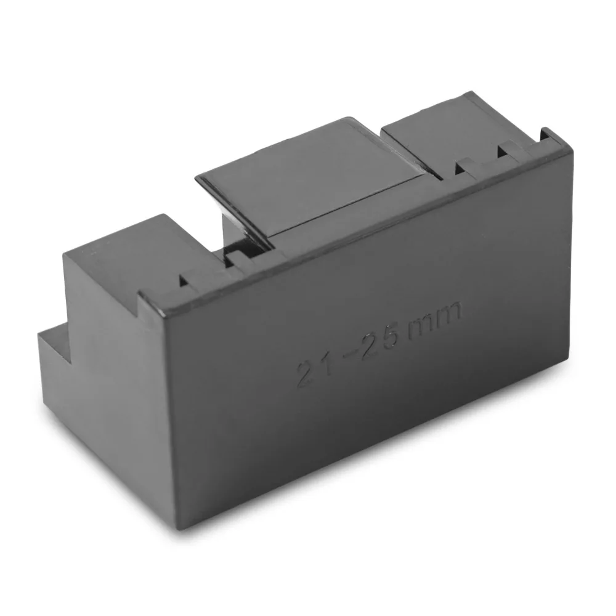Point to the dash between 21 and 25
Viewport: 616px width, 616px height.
346,355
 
